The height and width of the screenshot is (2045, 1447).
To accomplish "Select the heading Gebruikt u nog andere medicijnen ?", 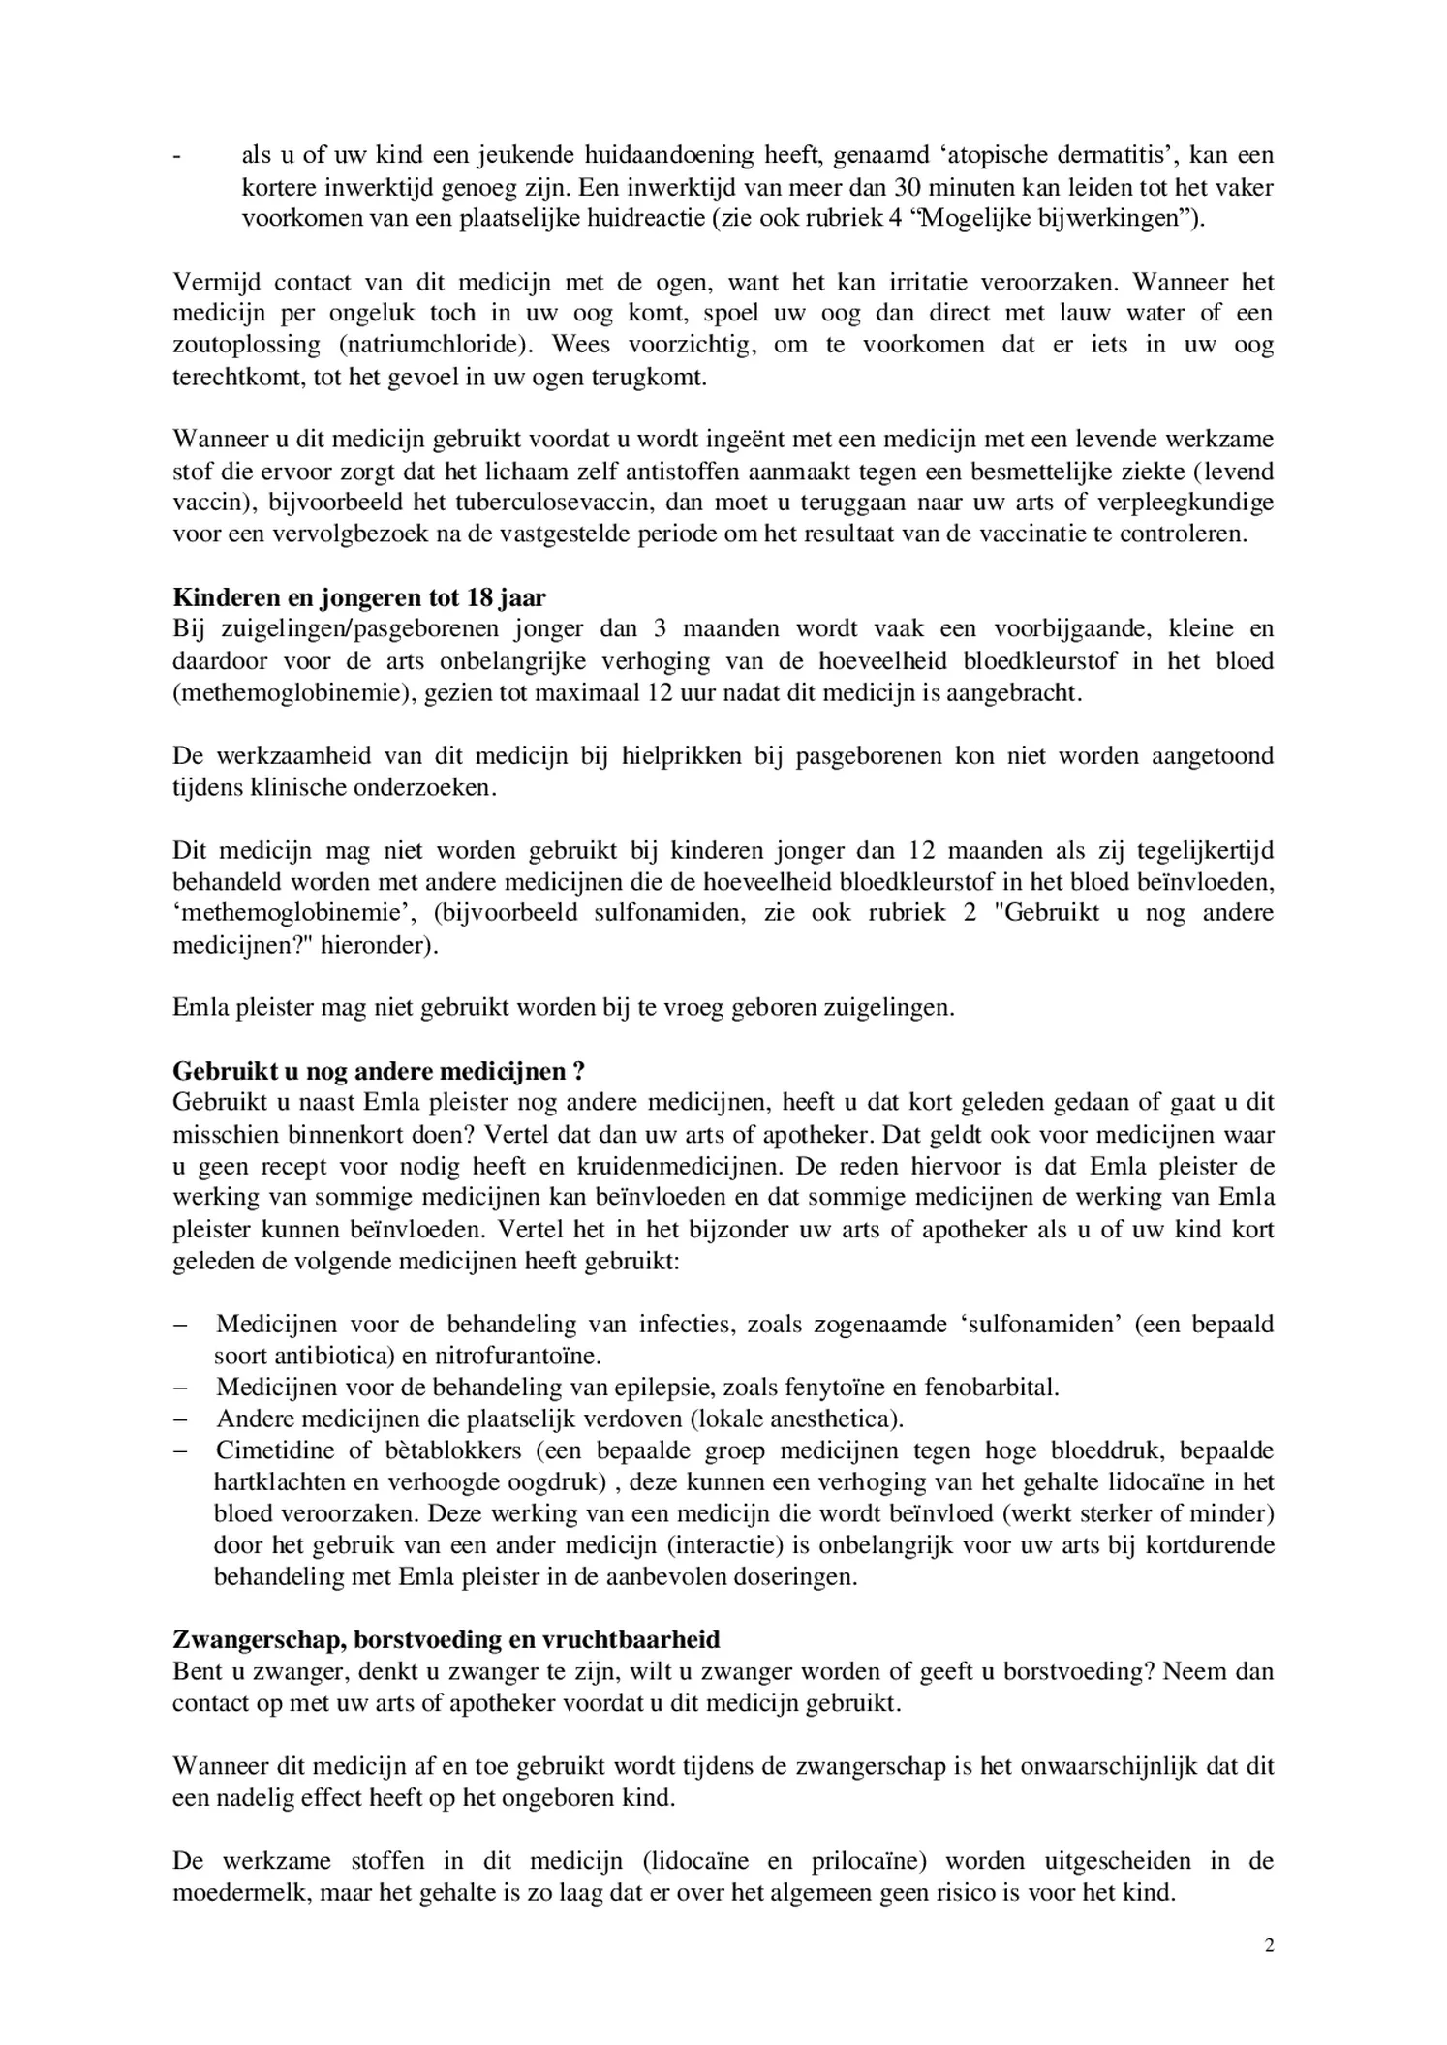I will pyautogui.click(x=379, y=1072).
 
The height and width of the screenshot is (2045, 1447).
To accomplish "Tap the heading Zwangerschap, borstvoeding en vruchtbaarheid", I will pyautogui.click(x=446, y=1640).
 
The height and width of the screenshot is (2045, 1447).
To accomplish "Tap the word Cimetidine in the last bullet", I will pyautogui.click(x=274, y=1450).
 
